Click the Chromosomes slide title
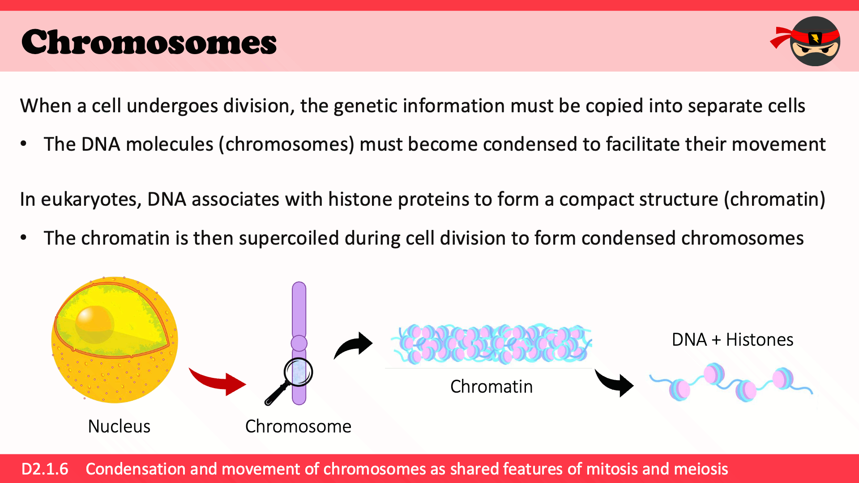149,42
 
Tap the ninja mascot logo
806,41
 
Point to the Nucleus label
119,426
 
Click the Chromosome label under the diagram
298,426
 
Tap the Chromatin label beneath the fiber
491,386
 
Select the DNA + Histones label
732,339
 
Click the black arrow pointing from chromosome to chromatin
353,346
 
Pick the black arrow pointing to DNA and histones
614,383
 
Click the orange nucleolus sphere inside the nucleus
94,324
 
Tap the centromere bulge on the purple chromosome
299,343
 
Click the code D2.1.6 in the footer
45,469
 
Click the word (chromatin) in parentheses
774,199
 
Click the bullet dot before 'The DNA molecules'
24,144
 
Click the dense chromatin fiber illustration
491,343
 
